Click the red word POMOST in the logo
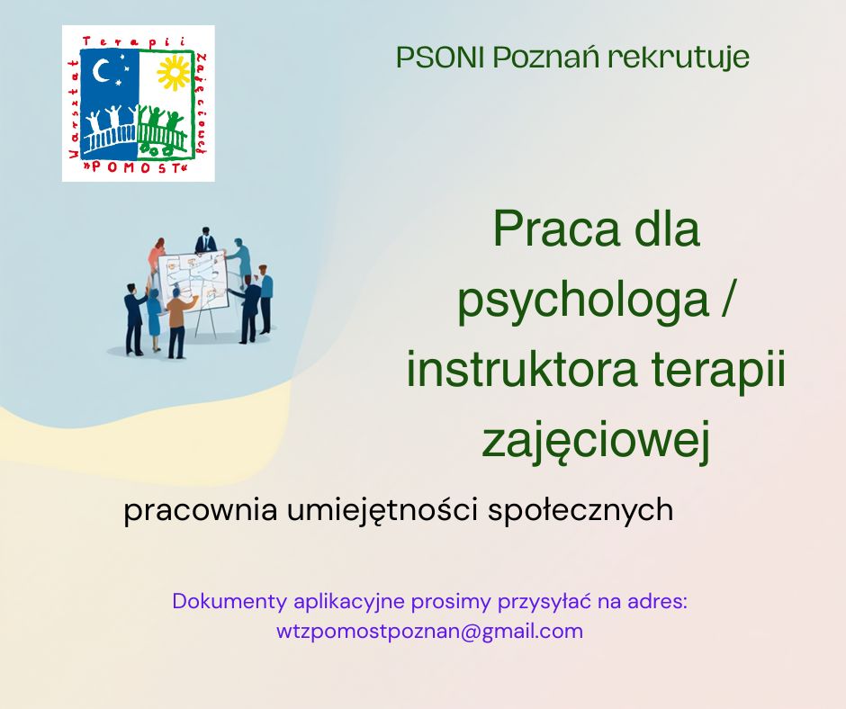pos(138,167)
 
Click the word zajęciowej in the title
pos(596,442)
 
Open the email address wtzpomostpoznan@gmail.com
pos(429,632)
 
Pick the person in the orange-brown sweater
pos(177,315)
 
